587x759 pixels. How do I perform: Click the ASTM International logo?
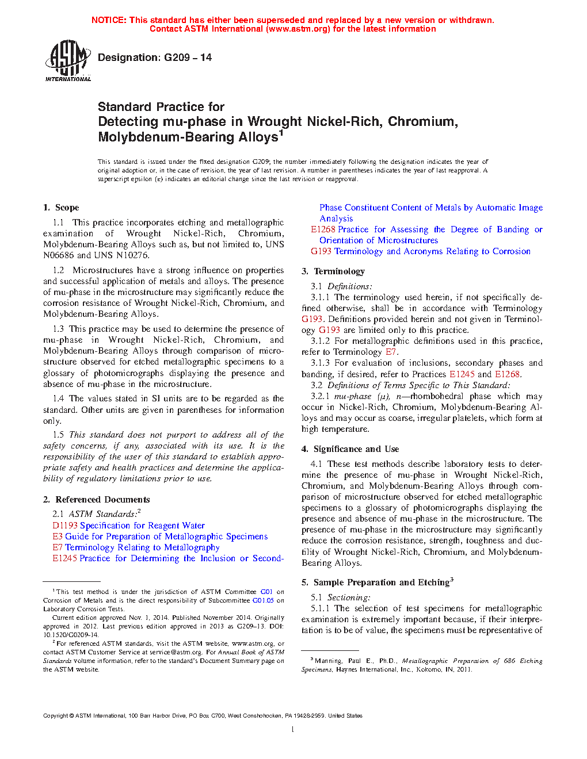point(67,60)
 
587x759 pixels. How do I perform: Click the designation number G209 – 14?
point(188,57)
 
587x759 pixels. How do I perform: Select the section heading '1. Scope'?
point(61,208)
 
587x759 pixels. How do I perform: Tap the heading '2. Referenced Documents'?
point(96,500)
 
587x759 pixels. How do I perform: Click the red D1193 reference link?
point(64,526)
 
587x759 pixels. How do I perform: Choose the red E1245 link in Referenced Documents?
point(64,558)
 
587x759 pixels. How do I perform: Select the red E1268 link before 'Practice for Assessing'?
point(323,229)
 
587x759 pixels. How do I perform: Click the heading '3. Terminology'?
point(333,271)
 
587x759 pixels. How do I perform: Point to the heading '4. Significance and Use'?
point(350,449)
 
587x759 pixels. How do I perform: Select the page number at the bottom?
point(293,730)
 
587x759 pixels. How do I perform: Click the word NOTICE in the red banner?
point(108,20)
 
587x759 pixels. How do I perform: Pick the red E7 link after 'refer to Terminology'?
point(391,352)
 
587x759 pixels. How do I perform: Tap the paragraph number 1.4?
point(58,398)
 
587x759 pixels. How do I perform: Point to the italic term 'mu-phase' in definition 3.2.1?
point(352,396)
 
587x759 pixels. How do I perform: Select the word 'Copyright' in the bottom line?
point(56,716)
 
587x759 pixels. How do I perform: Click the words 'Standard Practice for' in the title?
point(161,107)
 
